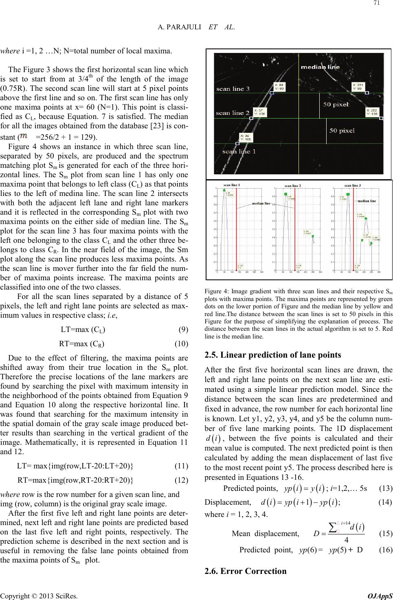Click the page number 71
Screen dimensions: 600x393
tap(387, 4)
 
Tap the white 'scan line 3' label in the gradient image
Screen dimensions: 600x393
tap(233, 89)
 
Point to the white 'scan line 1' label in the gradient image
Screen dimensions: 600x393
tap(239, 152)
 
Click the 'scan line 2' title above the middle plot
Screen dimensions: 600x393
tap(292, 186)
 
